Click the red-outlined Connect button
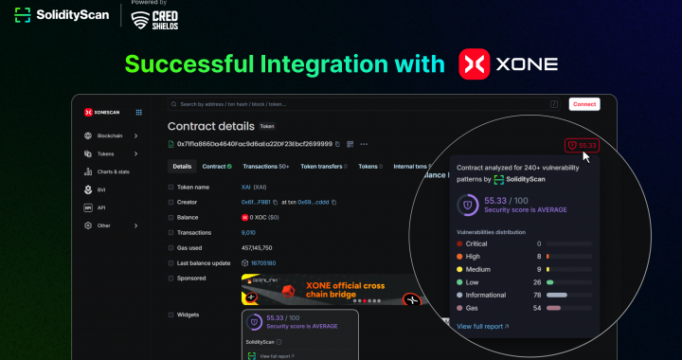pos(583,104)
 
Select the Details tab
pos(182,167)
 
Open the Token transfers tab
pos(322,167)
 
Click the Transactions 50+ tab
pos(266,167)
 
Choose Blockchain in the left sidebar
pos(111,136)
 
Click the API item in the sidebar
pos(100,207)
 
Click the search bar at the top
pos(360,104)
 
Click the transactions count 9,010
pos(248,232)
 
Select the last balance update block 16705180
pos(262,262)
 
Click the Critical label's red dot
pos(459,243)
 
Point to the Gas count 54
pos(537,308)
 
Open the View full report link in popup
pos(482,326)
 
